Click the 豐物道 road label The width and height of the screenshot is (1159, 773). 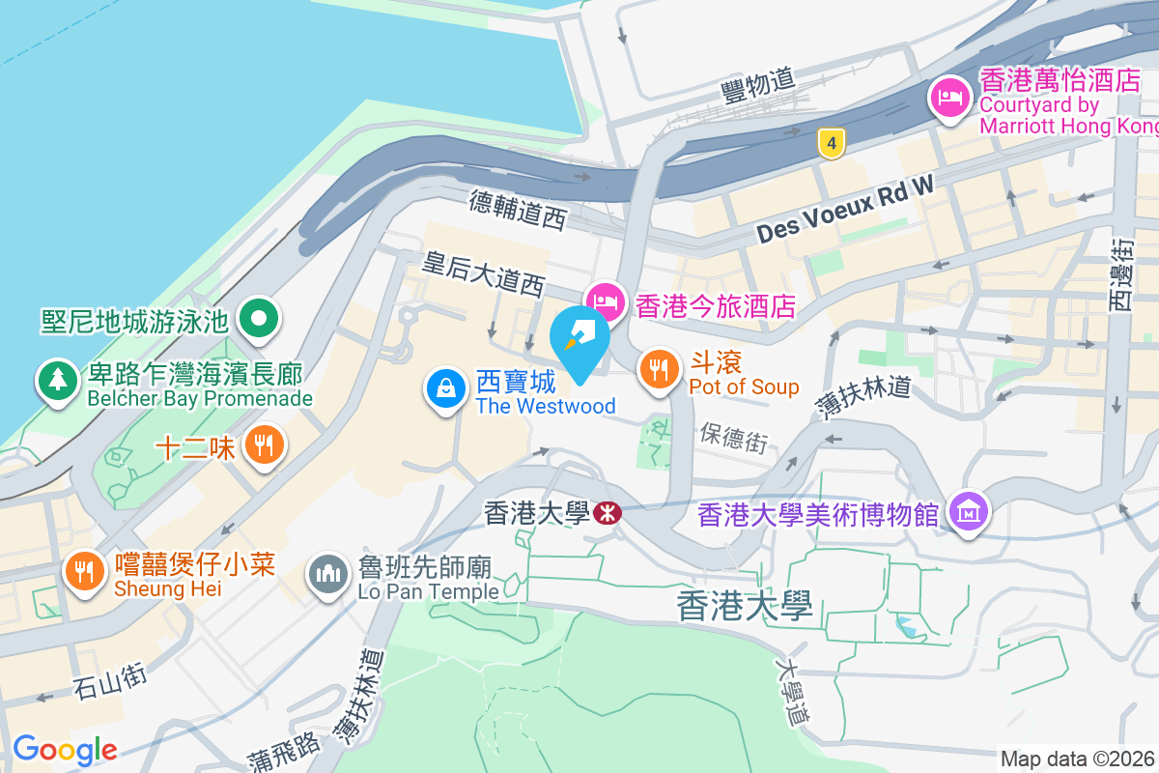point(758,86)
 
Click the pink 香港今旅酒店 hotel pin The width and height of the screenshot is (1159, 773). point(606,301)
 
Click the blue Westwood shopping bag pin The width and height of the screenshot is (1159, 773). point(446,388)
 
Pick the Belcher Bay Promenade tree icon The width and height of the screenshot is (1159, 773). point(59,379)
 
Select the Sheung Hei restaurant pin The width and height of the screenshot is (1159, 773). point(85,570)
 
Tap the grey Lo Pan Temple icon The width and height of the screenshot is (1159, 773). point(327,576)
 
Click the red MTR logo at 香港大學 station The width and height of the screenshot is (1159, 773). point(607,513)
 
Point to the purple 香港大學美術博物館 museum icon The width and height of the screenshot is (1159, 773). point(968,509)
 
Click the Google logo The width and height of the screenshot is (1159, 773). point(65,749)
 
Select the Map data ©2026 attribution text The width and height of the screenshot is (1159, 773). point(1078,759)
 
